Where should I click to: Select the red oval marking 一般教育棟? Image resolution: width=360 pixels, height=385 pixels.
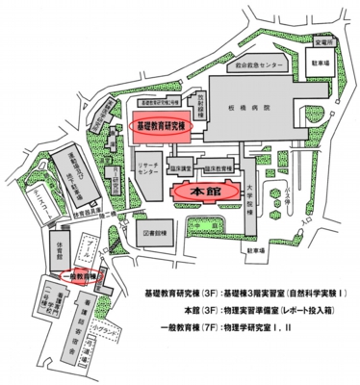click(x=81, y=275)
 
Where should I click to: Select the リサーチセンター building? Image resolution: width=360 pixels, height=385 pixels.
click(x=149, y=170)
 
